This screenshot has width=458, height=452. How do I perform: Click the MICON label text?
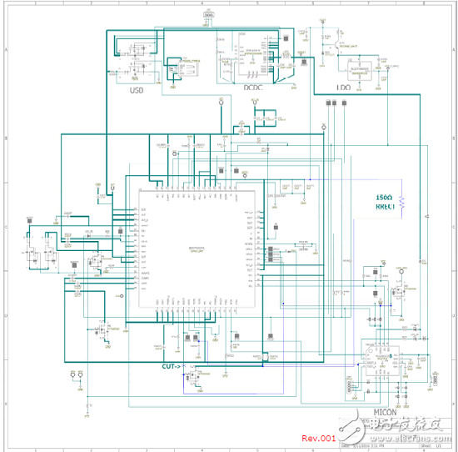[383, 412]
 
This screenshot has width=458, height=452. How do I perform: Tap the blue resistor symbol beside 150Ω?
[401, 203]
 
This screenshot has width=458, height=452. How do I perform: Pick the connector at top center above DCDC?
[208, 16]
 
